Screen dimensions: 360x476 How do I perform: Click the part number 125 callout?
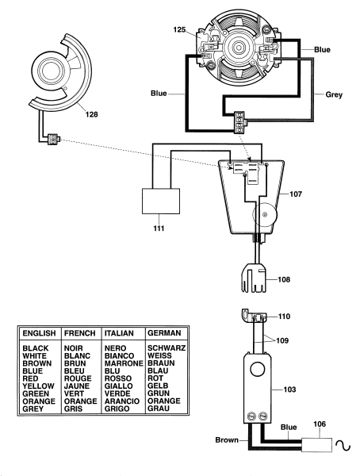pos(179,30)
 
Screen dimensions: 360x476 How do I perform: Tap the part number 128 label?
pos(92,114)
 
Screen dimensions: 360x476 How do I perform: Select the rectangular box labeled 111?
pos(161,201)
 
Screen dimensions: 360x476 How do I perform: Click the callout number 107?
pos(296,194)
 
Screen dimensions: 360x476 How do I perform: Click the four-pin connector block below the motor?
pos(239,123)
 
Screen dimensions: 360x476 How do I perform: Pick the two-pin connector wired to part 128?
pos(53,140)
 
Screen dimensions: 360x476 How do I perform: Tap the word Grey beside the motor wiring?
pos(334,94)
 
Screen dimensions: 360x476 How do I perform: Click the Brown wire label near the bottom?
pos(227,440)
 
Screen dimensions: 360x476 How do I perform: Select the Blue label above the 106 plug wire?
pos(289,427)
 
